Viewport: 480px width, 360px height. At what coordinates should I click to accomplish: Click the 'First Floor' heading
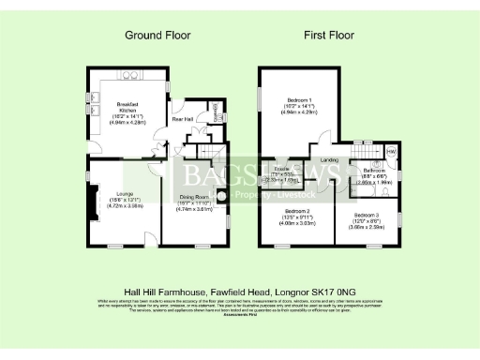click(328, 35)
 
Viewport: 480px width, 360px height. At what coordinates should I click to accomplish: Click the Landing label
click(329, 160)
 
